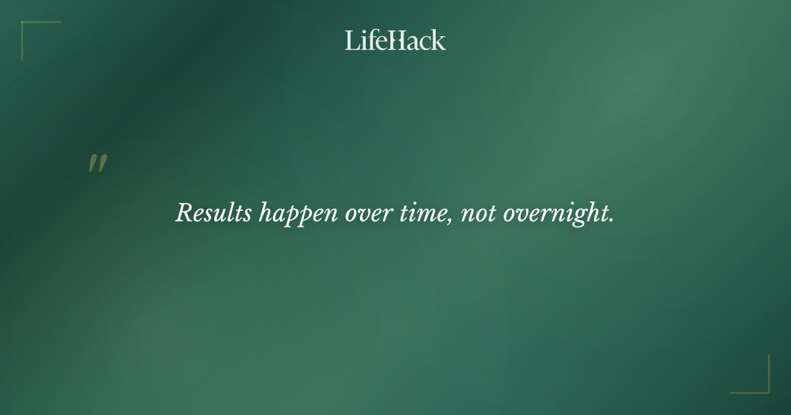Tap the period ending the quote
click(x=611, y=220)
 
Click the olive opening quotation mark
click(x=98, y=163)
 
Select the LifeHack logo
click(x=395, y=40)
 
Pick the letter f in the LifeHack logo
click(x=369, y=40)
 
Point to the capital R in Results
click(x=184, y=213)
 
